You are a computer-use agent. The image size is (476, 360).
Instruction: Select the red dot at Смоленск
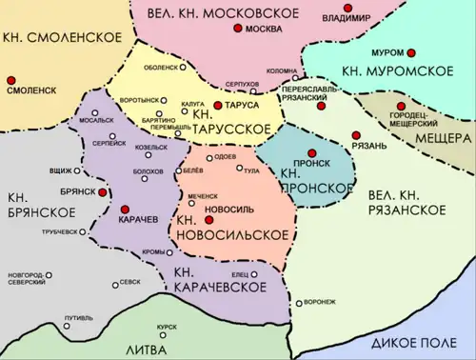coord(10,79)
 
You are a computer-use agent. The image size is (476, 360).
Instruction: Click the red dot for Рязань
coord(356,135)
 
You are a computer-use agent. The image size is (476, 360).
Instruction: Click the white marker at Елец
coord(255,275)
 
